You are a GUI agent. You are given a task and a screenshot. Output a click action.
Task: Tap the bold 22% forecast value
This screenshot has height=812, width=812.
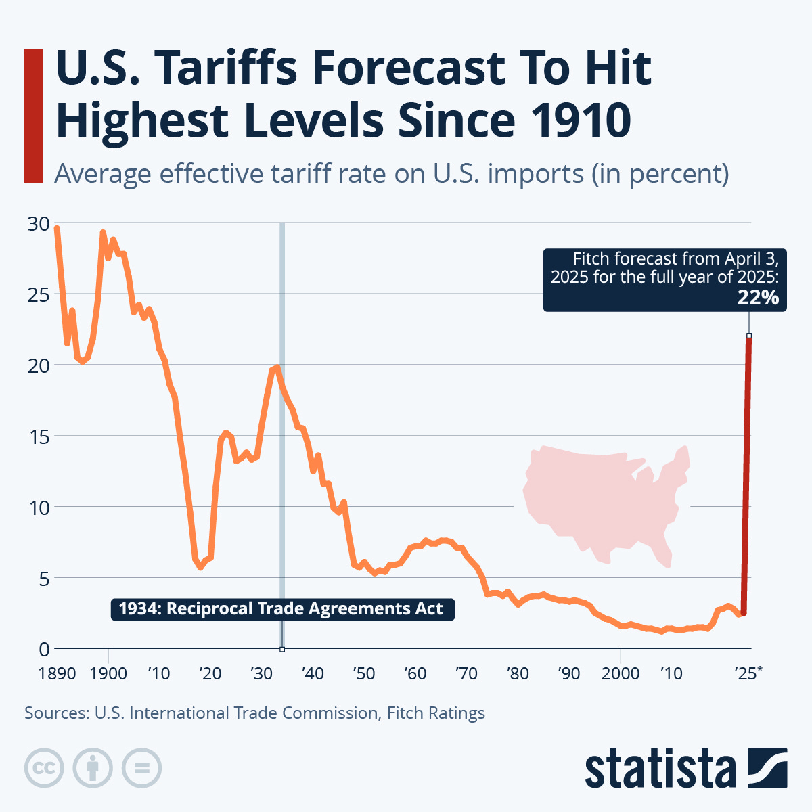(x=758, y=298)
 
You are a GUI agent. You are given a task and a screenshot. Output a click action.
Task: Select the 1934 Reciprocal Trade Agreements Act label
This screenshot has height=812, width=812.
(x=281, y=608)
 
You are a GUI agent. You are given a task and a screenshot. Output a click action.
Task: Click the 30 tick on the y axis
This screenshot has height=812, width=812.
(x=39, y=223)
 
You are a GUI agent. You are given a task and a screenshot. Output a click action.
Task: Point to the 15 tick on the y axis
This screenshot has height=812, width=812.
(x=39, y=436)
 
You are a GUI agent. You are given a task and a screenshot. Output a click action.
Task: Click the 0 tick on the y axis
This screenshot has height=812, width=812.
(x=44, y=648)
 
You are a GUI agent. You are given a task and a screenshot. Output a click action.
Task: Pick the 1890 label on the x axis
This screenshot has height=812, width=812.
(x=57, y=673)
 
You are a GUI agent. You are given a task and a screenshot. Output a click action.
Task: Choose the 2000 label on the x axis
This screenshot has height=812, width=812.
(x=620, y=673)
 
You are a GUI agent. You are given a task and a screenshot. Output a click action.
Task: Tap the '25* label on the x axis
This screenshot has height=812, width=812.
(x=748, y=673)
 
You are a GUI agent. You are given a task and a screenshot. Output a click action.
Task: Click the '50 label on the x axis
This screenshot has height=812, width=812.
(x=363, y=673)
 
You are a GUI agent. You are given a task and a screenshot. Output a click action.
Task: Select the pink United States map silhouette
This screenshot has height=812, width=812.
(x=602, y=501)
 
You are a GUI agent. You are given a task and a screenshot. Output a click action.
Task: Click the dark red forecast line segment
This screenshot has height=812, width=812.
(x=746, y=474)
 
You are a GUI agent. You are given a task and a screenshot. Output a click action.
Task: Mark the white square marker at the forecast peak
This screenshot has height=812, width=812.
(x=749, y=336)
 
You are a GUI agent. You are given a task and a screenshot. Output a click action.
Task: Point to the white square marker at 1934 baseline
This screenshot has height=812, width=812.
(x=282, y=649)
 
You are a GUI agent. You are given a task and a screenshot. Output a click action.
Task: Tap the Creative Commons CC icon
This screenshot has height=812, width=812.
(x=44, y=768)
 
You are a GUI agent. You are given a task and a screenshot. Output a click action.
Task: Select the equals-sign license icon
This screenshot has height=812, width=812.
(x=141, y=768)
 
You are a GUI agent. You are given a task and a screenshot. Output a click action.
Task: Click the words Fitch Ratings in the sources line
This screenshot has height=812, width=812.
(x=436, y=713)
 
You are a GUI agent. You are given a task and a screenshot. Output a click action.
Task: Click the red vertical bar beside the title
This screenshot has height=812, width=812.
(x=33, y=116)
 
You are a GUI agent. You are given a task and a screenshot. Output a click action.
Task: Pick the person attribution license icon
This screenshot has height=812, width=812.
(x=93, y=768)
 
